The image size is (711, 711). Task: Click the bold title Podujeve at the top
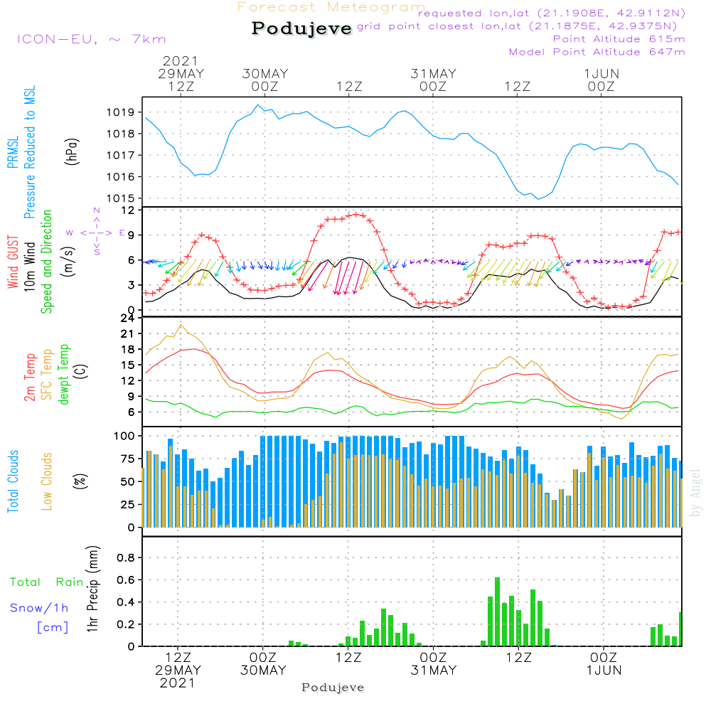pos(301,28)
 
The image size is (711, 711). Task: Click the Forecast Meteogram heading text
pos(331,8)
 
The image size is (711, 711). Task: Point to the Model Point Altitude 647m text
pos(597,52)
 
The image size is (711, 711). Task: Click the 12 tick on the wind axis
pos(129,211)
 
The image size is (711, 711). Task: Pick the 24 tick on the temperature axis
pos(129,318)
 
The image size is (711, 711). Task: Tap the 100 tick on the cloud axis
pos(125,435)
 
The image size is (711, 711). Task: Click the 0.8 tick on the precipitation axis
pos(126,557)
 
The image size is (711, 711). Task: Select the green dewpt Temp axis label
pos(64,375)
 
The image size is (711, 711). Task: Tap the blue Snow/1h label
pos(40,608)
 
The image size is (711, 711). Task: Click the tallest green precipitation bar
pos(497,611)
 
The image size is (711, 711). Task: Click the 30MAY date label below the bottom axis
pos(262,670)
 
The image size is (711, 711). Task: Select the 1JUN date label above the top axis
pos(602,74)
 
